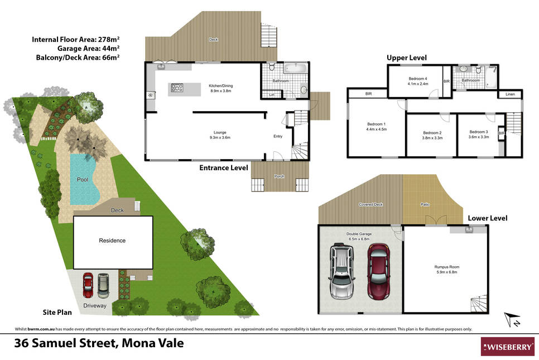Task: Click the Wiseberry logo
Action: click(507, 347)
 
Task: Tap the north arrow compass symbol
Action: click(512, 319)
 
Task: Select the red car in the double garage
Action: click(378, 271)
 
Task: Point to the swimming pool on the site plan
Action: click(83, 179)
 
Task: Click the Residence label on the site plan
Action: click(112, 241)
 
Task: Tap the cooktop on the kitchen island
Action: click(177, 88)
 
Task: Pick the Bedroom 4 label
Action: click(418, 79)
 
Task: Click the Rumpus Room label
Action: click(446, 267)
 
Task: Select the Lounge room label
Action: click(220, 132)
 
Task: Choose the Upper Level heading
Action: click(407, 57)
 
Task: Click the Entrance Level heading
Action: click(223, 168)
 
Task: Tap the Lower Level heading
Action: click(488, 218)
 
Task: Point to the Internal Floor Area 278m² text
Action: click(76, 39)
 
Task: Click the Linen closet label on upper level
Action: click(510, 94)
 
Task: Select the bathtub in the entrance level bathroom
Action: click(296, 68)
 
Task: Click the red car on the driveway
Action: click(88, 285)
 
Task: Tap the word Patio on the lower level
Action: click(425, 204)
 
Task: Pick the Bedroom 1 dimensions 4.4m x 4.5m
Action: click(377, 129)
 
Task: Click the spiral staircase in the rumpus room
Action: click(479, 303)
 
